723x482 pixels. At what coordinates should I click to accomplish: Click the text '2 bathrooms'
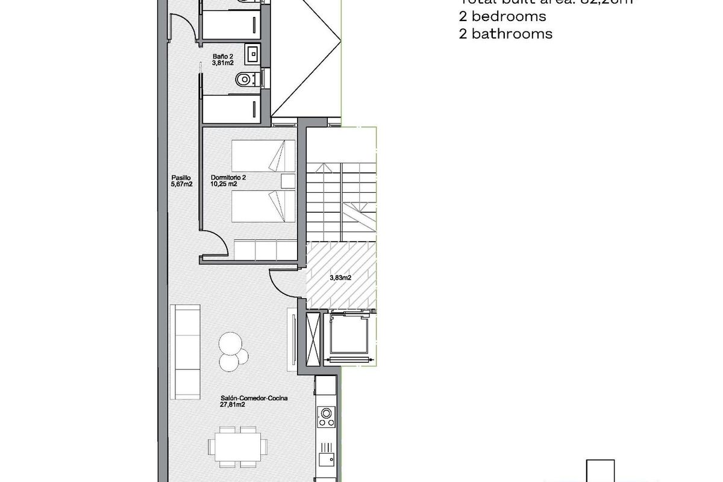(505, 34)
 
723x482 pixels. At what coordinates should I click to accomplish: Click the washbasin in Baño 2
(252, 52)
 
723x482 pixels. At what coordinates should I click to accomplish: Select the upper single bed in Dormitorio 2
(264, 156)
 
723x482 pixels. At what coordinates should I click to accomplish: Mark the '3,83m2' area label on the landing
(340, 278)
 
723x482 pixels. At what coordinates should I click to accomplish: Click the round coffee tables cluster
(232, 352)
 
